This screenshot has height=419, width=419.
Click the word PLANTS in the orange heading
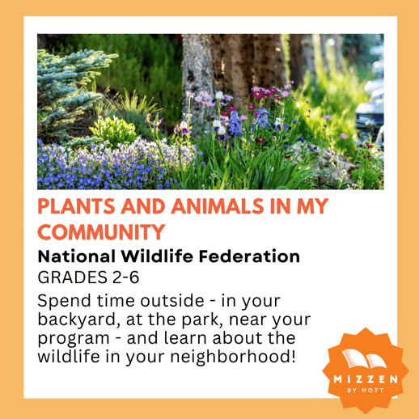point(76,206)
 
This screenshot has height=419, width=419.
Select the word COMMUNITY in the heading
point(101,232)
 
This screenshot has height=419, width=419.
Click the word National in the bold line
point(77,256)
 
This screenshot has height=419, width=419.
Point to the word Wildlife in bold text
point(157,256)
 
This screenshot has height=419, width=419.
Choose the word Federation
point(249,256)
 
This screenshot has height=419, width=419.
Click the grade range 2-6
point(125,277)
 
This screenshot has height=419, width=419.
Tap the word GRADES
point(73,277)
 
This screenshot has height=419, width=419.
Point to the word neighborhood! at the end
point(233,357)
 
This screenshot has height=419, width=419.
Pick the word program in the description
point(74,339)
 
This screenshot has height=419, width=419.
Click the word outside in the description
point(172,301)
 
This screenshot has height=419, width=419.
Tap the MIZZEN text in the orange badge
point(366,379)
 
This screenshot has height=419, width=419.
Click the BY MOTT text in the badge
point(366,390)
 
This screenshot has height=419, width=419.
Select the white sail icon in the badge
point(364,358)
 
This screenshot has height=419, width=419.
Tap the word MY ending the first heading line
point(312,206)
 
